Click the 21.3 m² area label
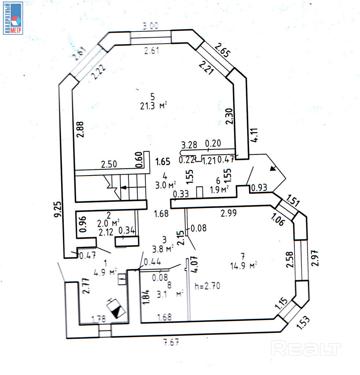(x=153, y=106)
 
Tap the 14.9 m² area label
(x=243, y=266)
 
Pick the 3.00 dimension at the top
(x=151, y=26)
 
